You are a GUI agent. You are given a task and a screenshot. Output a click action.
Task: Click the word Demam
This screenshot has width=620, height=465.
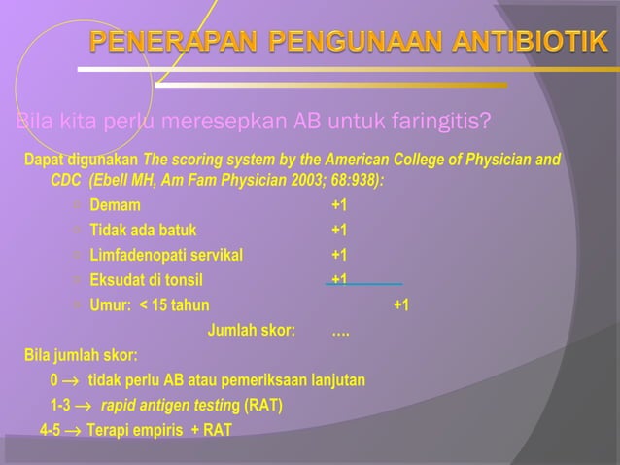coord(115,205)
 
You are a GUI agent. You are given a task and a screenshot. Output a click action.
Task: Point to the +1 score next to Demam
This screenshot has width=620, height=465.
coord(339,205)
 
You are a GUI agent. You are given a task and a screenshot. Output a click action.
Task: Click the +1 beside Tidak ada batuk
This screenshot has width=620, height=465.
coord(339,231)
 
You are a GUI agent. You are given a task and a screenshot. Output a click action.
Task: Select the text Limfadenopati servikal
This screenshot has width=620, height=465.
coord(167,256)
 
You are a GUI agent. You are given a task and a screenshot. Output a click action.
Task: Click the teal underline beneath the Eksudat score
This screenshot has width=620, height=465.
coord(363,284)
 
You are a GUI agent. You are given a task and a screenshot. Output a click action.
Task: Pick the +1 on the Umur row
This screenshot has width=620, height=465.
coord(400,305)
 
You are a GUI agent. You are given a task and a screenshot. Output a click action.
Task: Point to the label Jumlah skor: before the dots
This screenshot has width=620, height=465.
coord(252,330)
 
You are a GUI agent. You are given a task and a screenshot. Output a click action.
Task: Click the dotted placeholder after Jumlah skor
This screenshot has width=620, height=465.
coord(341,331)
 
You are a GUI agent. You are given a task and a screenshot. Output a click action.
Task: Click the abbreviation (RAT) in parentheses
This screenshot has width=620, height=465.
coord(264,405)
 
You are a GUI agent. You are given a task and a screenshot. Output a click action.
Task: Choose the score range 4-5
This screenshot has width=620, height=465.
coord(50,430)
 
